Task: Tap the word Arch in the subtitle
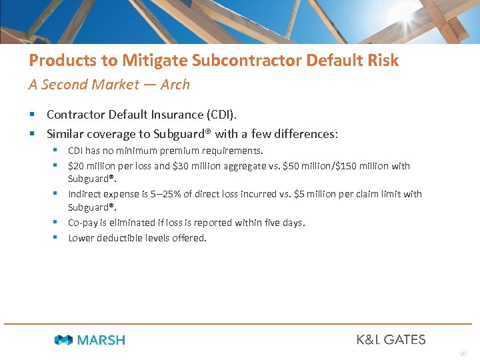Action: pos(175,85)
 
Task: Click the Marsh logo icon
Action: pos(63,340)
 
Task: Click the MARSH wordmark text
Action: pos(101,340)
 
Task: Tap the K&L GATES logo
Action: pos(391,339)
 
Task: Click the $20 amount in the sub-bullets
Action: pos(76,165)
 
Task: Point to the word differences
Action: pos(307,134)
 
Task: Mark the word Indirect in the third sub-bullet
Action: pos(84,194)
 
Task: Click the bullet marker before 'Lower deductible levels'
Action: pos(58,237)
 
